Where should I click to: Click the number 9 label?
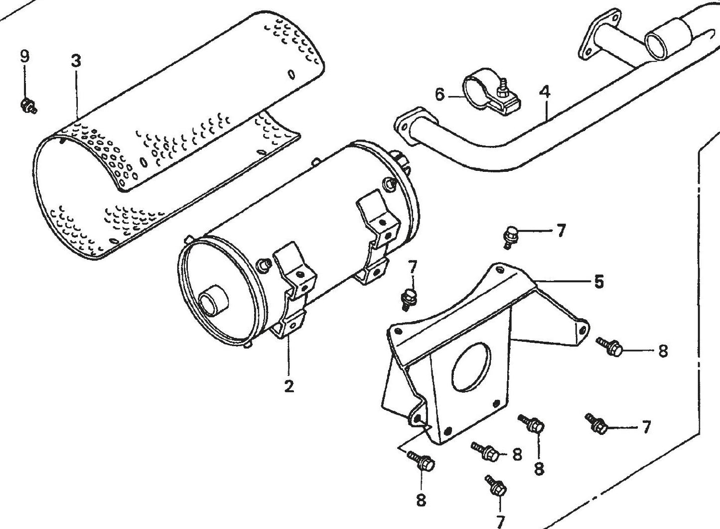(24, 56)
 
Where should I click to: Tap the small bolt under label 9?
(26, 105)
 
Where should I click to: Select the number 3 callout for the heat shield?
(76, 61)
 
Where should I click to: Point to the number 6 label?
(439, 94)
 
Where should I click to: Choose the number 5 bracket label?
(598, 282)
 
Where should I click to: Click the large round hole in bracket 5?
(470, 366)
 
